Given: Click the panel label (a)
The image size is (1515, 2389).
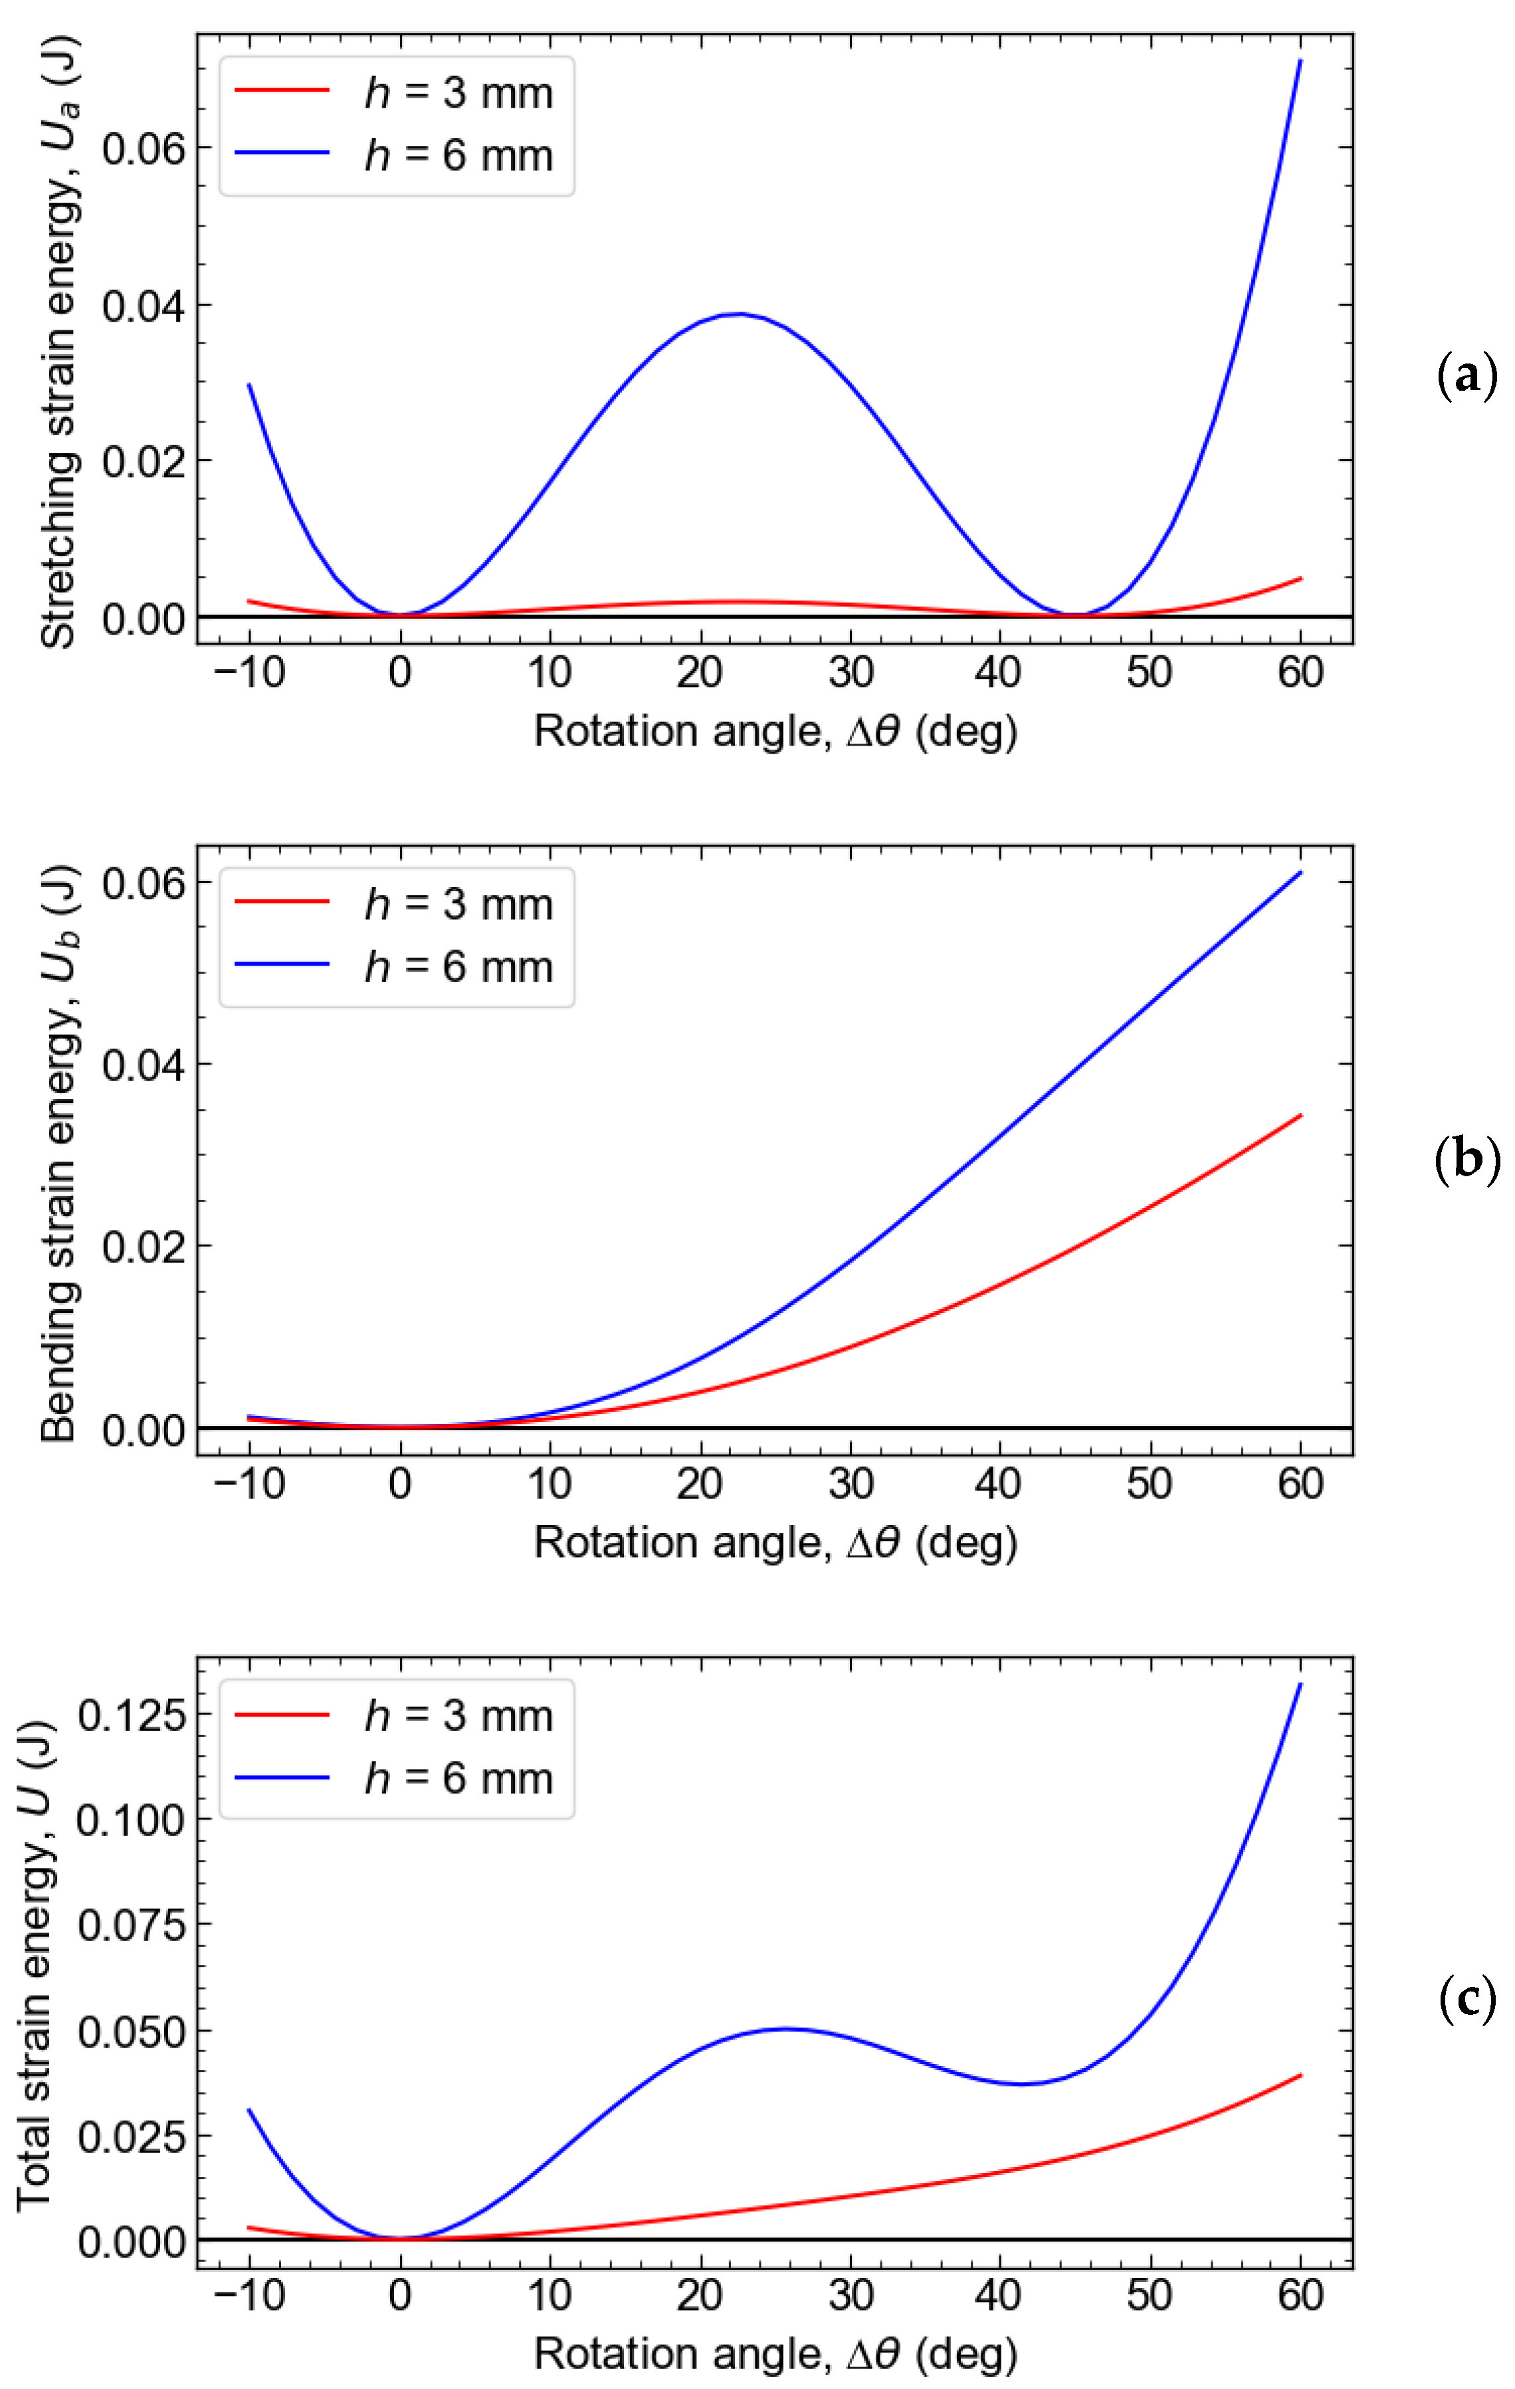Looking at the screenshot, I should pos(1466,376).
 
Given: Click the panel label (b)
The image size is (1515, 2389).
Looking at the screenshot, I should pos(1466,1159).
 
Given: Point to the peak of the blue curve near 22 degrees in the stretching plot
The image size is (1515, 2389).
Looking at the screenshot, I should pos(738,314).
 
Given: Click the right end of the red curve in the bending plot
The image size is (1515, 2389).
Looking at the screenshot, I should pos(1300,1116).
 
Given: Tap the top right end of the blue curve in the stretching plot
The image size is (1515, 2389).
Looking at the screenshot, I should pos(1300,62).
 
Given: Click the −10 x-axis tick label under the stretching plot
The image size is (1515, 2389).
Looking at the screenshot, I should pos(249,673).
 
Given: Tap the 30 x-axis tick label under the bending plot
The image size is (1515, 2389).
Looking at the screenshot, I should pos(851,1484).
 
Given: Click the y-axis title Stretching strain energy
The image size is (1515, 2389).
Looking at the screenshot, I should pos(60,342).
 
